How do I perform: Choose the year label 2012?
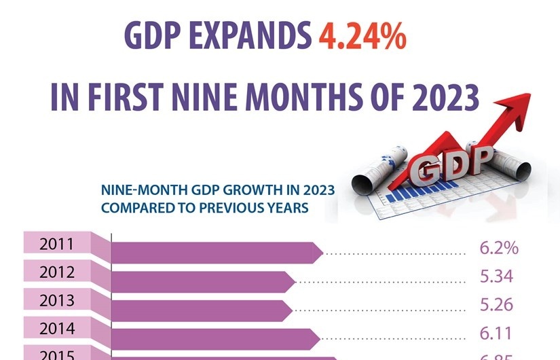click(57, 273)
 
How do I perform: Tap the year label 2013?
click(57, 301)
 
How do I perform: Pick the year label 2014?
click(57, 329)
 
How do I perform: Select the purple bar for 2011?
click(214, 252)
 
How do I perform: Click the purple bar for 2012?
click(200, 281)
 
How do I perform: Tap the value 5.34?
click(496, 277)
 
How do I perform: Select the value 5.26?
click(496, 306)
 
